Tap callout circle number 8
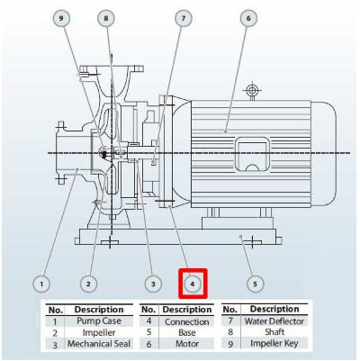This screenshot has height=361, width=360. pos(106,17)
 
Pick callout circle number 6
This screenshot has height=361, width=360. pos(247,17)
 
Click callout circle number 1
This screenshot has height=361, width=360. pos(40,284)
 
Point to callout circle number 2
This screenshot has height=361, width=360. pos(88,284)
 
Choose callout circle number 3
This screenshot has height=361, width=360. pos(153,284)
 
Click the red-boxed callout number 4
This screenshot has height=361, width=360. pos(193,284)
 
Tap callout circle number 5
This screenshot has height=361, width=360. pos(256,284)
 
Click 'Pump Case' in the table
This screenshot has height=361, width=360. pos(99,320)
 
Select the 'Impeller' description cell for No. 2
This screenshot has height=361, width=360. pos(99,332)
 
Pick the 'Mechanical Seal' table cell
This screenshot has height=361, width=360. pos(99,343)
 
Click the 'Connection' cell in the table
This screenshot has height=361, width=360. pos(187,320)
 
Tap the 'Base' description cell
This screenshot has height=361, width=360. pos(187,332)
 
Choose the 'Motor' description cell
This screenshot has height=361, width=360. pos(187,343)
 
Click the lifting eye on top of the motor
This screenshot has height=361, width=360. pos(254,92)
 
